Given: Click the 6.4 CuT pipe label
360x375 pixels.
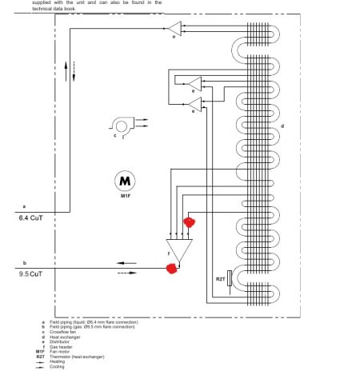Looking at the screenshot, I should click(x=31, y=217).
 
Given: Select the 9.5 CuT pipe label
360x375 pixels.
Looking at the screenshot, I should click(x=31, y=273).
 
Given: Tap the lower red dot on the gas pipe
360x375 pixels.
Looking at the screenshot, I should click(x=170, y=269).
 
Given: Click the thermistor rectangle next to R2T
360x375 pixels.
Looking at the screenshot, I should click(x=230, y=278).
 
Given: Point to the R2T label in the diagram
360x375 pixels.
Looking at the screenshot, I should click(x=220, y=278).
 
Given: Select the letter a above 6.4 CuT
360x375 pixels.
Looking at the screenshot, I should click(x=24, y=205).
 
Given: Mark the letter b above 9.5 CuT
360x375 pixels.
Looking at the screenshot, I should click(x=24, y=262).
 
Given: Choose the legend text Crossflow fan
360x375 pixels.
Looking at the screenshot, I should click(x=65, y=332).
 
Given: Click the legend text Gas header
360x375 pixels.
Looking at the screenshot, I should click(x=62, y=346).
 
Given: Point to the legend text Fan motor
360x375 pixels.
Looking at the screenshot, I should click(x=61, y=351).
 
